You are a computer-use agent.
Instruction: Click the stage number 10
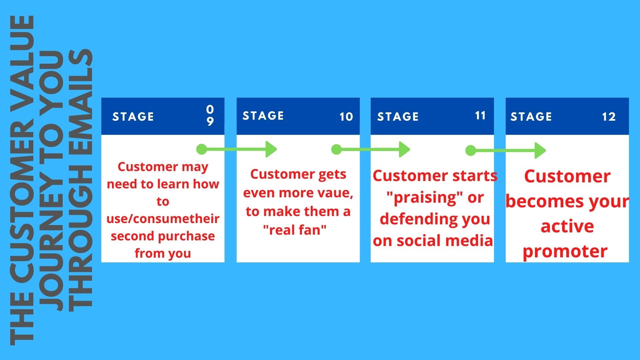click(346, 117)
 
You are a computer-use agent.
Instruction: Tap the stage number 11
click(480, 116)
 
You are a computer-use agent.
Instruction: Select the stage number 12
click(609, 117)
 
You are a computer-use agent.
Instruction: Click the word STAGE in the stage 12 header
click(531, 117)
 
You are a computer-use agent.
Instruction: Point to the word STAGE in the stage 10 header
click(263, 116)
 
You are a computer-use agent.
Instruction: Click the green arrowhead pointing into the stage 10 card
click(271, 149)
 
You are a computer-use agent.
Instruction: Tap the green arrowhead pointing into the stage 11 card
click(405, 149)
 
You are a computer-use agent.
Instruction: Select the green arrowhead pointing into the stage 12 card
click(540, 150)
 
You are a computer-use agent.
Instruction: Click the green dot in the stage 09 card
click(202, 149)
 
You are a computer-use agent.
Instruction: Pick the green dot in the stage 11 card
click(471, 150)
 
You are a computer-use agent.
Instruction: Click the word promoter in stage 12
click(565, 251)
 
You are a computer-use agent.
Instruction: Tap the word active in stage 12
click(567, 226)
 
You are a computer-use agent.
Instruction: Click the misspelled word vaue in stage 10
click(330, 193)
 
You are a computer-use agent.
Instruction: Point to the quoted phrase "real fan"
click(295, 230)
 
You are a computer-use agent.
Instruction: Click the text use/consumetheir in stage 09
click(163, 219)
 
